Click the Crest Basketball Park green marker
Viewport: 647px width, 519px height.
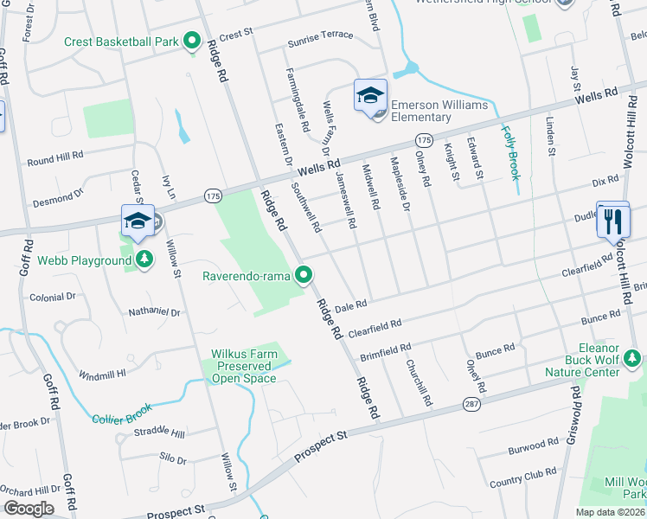pos(193,42)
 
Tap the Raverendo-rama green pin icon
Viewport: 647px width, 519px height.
pos(304,276)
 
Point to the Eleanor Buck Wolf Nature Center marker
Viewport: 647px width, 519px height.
pos(632,357)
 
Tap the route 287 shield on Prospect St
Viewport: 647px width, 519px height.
pos(494,404)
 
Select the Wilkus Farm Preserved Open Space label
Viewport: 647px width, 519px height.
pos(242,366)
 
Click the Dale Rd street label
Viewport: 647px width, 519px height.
pos(351,305)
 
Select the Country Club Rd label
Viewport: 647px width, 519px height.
pos(522,476)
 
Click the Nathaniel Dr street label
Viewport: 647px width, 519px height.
pos(153,311)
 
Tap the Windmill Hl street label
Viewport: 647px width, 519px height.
pos(102,375)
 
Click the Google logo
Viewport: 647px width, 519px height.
pos(29,509)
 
